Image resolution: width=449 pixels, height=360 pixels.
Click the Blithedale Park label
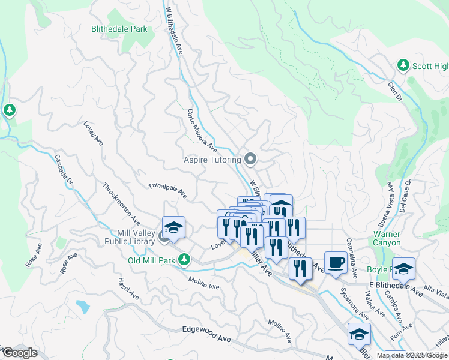tap(119, 28)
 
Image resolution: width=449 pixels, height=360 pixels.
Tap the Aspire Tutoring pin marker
tap(251, 159)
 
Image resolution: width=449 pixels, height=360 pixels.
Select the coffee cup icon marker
tap(336, 262)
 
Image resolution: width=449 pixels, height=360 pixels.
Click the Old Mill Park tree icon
tap(185, 260)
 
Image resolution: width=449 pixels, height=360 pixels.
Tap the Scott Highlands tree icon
tap(403, 65)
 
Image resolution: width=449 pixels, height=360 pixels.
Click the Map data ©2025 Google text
tap(412, 355)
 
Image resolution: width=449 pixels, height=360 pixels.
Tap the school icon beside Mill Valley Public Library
tap(173, 228)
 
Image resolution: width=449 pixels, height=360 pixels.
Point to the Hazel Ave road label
tap(129, 289)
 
